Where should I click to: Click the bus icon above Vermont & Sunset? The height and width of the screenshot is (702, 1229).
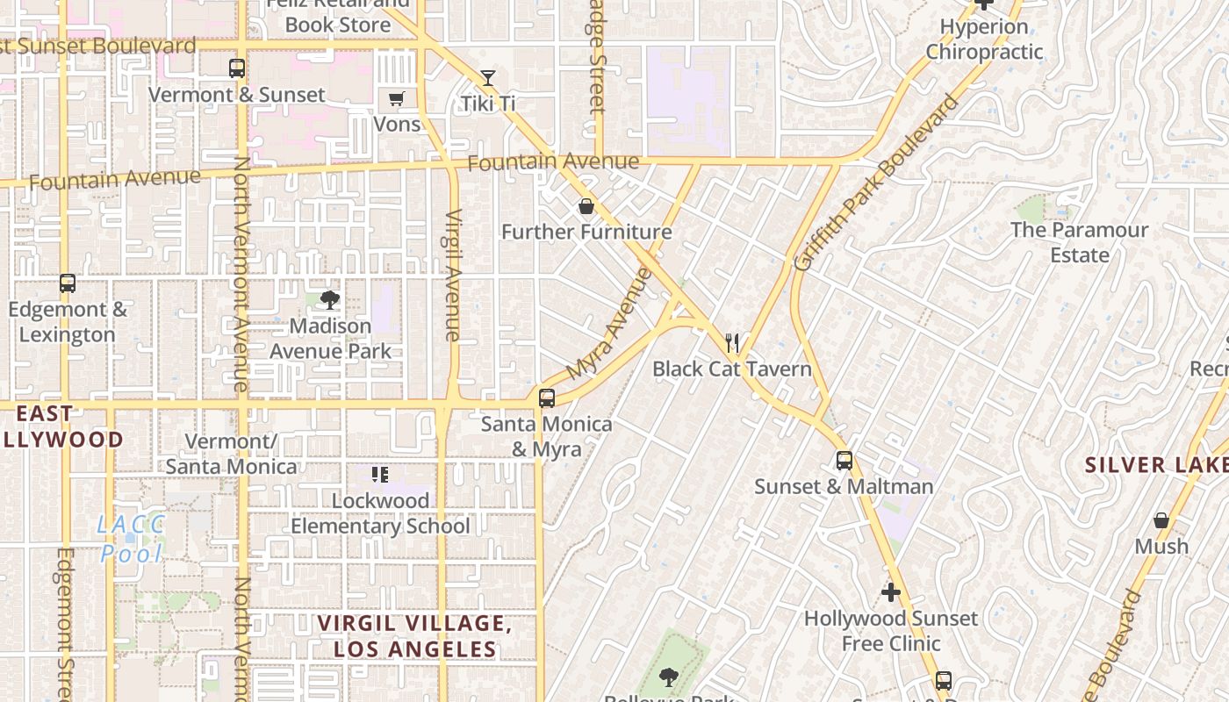click(236, 68)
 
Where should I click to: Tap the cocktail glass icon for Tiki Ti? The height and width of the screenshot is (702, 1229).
click(488, 78)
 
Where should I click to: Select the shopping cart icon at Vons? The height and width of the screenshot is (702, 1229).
click(397, 98)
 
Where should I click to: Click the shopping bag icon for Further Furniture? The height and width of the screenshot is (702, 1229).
click(586, 207)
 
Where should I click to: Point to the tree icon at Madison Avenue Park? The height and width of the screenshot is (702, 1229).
click(330, 300)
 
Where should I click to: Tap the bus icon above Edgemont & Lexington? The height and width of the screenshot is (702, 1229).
click(68, 283)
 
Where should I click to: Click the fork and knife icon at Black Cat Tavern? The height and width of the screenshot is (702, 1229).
click(732, 342)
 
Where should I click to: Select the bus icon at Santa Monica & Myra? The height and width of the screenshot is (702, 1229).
click(547, 398)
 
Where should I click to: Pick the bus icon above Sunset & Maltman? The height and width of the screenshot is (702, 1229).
click(844, 461)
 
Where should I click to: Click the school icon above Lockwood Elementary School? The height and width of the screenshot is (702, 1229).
click(380, 475)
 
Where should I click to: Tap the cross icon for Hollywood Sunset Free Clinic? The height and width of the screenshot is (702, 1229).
click(891, 592)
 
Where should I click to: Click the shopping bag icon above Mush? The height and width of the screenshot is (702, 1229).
click(1161, 521)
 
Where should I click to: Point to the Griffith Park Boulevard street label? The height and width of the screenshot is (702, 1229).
click(875, 183)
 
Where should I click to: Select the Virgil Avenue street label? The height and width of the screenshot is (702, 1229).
click(453, 275)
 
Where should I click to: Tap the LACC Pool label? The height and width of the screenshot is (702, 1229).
click(132, 539)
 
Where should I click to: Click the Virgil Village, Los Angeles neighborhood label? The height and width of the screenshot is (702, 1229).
click(414, 636)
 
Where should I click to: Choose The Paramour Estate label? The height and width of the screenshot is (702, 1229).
click(1079, 242)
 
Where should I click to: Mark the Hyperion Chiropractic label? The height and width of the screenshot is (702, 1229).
click(984, 39)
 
